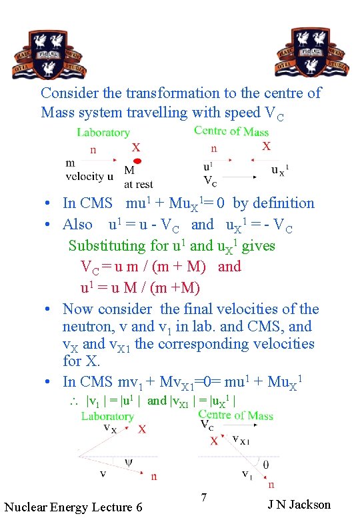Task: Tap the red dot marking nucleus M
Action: [x=137, y=161]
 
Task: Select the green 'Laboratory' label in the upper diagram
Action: [x=103, y=133]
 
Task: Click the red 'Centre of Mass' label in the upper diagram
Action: [x=231, y=131]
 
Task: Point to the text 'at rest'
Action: [x=139, y=184]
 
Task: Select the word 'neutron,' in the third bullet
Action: [x=89, y=327]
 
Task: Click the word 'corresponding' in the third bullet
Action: [x=223, y=344]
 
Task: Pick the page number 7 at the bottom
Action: [x=204, y=497]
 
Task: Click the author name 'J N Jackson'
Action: [x=299, y=504]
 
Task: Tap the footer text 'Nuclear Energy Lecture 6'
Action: [x=73, y=507]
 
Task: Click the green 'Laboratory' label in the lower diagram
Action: [x=107, y=416]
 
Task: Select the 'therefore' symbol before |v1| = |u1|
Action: [x=75, y=401]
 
